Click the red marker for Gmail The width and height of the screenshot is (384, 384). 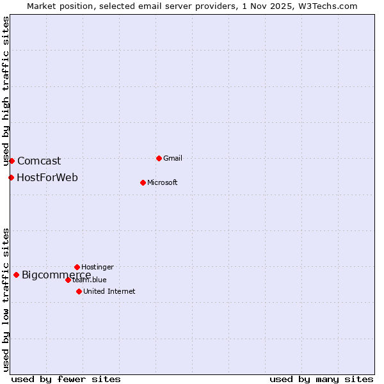click(159, 158)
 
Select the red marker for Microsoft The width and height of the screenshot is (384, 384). click(143, 182)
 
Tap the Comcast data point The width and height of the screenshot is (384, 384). click(12, 161)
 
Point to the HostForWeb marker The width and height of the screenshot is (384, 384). click(11, 177)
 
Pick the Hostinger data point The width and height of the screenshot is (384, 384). click(77, 267)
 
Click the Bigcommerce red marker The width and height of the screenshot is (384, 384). click(16, 275)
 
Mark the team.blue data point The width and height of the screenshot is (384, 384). click(68, 280)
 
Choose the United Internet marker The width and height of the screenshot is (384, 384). click(79, 291)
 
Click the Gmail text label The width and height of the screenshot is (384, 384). click(173, 158)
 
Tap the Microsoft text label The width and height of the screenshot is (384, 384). click(163, 182)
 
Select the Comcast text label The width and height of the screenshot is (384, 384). click(39, 161)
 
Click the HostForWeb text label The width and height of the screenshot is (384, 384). click(47, 177)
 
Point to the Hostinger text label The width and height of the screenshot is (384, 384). click(97, 267)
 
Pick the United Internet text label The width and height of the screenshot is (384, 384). click(109, 291)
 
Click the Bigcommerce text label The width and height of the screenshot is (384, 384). click(56, 275)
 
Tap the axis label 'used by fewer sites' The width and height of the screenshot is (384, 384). click(66, 379)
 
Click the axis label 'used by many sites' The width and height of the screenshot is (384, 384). click(321, 379)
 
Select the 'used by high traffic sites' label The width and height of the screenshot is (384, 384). click(6, 91)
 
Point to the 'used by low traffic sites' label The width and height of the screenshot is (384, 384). click(6, 299)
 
